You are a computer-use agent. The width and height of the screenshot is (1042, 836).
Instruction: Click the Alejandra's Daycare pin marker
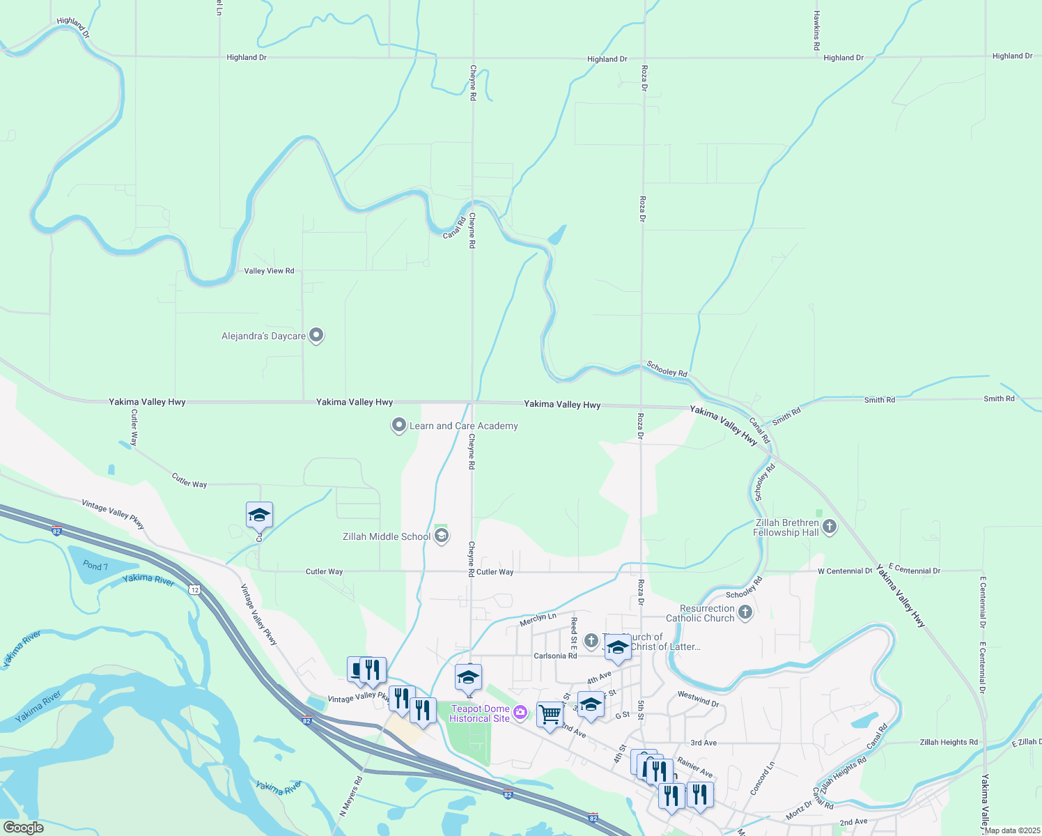[x=316, y=335]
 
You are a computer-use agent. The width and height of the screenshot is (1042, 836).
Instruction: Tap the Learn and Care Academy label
[x=463, y=426]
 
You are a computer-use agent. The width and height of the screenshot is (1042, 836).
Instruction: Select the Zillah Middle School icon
[x=440, y=536]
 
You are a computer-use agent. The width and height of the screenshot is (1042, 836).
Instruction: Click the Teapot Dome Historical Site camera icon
[x=520, y=712]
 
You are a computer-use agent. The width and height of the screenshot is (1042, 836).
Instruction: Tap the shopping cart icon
[x=550, y=714]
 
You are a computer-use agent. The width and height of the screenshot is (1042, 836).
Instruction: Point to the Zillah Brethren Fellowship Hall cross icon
[x=829, y=527]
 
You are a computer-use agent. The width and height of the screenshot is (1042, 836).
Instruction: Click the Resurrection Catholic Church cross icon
[x=745, y=612]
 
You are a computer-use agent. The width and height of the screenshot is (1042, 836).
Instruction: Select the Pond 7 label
[x=95, y=566]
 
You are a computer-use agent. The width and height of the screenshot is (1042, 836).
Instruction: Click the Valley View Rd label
[x=269, y=271]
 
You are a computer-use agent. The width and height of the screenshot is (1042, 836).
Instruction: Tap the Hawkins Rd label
[x=817, y=31]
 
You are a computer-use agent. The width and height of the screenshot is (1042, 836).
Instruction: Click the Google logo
[x=23, y=828]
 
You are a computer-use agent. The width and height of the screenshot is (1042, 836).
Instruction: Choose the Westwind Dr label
[x=698, y=699]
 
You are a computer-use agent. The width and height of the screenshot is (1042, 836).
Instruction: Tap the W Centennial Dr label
[x=844, y=571]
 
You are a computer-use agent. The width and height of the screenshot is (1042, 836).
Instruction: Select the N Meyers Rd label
[x=351, y=796]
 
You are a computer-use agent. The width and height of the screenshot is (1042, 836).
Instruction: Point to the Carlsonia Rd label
[x=555, y=656]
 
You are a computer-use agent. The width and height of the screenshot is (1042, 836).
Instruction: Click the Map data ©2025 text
[x=1011, y=830]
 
